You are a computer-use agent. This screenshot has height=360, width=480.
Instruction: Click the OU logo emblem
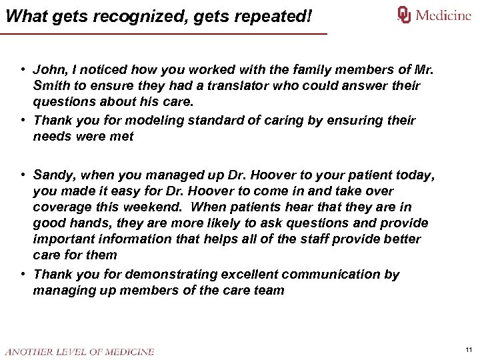tap(404, 15)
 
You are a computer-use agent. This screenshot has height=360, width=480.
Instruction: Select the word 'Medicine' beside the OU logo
tap(443, 15)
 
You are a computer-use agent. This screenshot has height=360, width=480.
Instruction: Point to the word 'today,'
tap(415, 175)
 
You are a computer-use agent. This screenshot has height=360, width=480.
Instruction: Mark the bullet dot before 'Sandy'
tap(23, 175)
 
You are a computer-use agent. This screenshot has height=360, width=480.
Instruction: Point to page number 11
tap(469, 349)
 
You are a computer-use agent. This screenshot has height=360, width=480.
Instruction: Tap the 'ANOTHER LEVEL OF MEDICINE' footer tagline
tap(79, 351)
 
